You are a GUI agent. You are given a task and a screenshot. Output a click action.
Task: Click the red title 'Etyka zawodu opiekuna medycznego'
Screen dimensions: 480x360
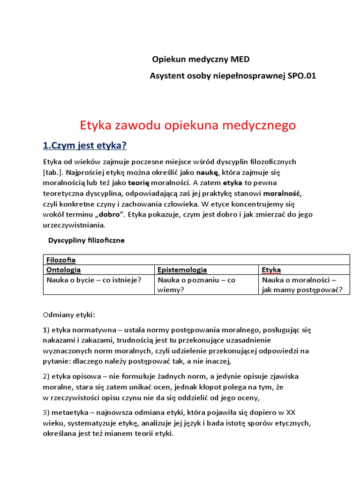(188, 125)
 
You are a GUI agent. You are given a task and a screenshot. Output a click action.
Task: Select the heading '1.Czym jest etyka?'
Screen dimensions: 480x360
(85, 146)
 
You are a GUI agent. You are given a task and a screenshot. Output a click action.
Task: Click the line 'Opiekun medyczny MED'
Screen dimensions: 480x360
(201, 60)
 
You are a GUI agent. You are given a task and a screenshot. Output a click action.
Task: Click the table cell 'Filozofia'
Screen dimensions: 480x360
(61, 260)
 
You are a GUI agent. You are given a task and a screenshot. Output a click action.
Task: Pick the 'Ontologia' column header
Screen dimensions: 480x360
(63, 270)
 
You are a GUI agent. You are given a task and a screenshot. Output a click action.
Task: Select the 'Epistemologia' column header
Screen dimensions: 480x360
(182, 270)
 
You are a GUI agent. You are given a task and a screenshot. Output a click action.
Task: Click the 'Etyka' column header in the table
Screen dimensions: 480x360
(271, 270)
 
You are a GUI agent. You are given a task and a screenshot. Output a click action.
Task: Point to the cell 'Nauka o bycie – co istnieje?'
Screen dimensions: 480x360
(94, 280)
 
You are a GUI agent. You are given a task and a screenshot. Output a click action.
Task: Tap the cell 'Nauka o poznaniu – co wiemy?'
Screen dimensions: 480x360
(196, 285)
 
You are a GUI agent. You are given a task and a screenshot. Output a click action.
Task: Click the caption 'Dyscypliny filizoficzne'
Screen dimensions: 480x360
(86, 240)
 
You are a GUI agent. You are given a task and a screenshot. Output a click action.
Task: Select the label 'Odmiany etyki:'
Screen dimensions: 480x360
(69, 315)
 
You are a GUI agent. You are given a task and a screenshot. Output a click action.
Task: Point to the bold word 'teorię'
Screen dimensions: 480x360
(139, 182)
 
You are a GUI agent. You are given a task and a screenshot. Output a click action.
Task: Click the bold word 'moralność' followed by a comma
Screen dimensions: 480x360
(282, 193)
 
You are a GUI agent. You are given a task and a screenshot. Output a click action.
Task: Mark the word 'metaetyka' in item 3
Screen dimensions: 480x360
(68, 412)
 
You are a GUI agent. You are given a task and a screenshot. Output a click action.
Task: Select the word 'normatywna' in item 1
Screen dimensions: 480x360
(87, 330)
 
